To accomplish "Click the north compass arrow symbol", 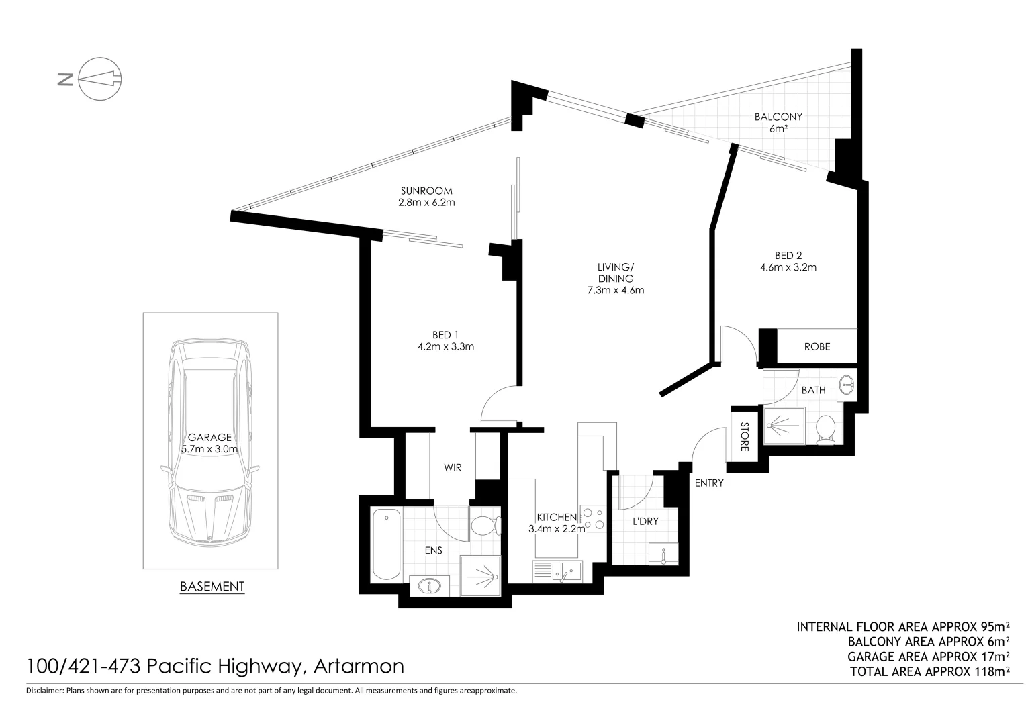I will [x=99, y=79].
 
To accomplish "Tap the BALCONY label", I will [x=778, y=117].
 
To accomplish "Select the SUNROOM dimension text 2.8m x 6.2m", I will [x=426, y=202].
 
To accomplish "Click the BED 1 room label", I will [x=445, y=335].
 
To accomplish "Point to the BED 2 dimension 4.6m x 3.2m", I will [x=788, y=267].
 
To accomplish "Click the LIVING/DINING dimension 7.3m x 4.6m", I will [x=615, y=291].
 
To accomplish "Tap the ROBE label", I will [x=817, y=347].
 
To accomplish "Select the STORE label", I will [x=744, y=436].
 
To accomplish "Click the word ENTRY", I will [x=708, y=483].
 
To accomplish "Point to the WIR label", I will [x=453, y=467].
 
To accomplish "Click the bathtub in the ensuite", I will [x=386, y=544].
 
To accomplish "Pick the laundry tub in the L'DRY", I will [x=663, y=554].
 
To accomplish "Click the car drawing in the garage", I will [x=210, y=443].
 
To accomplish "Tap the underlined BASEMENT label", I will [x=212, y=586].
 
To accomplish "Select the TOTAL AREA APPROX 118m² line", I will [x=929, y=671].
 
